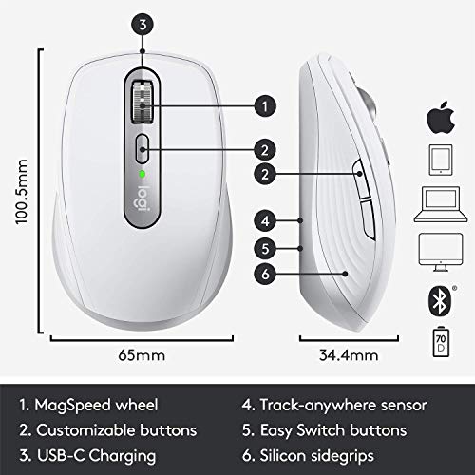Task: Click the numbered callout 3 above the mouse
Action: point(142,25)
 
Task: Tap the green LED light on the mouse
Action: point(142,175)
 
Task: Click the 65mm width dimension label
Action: point(142,358)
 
